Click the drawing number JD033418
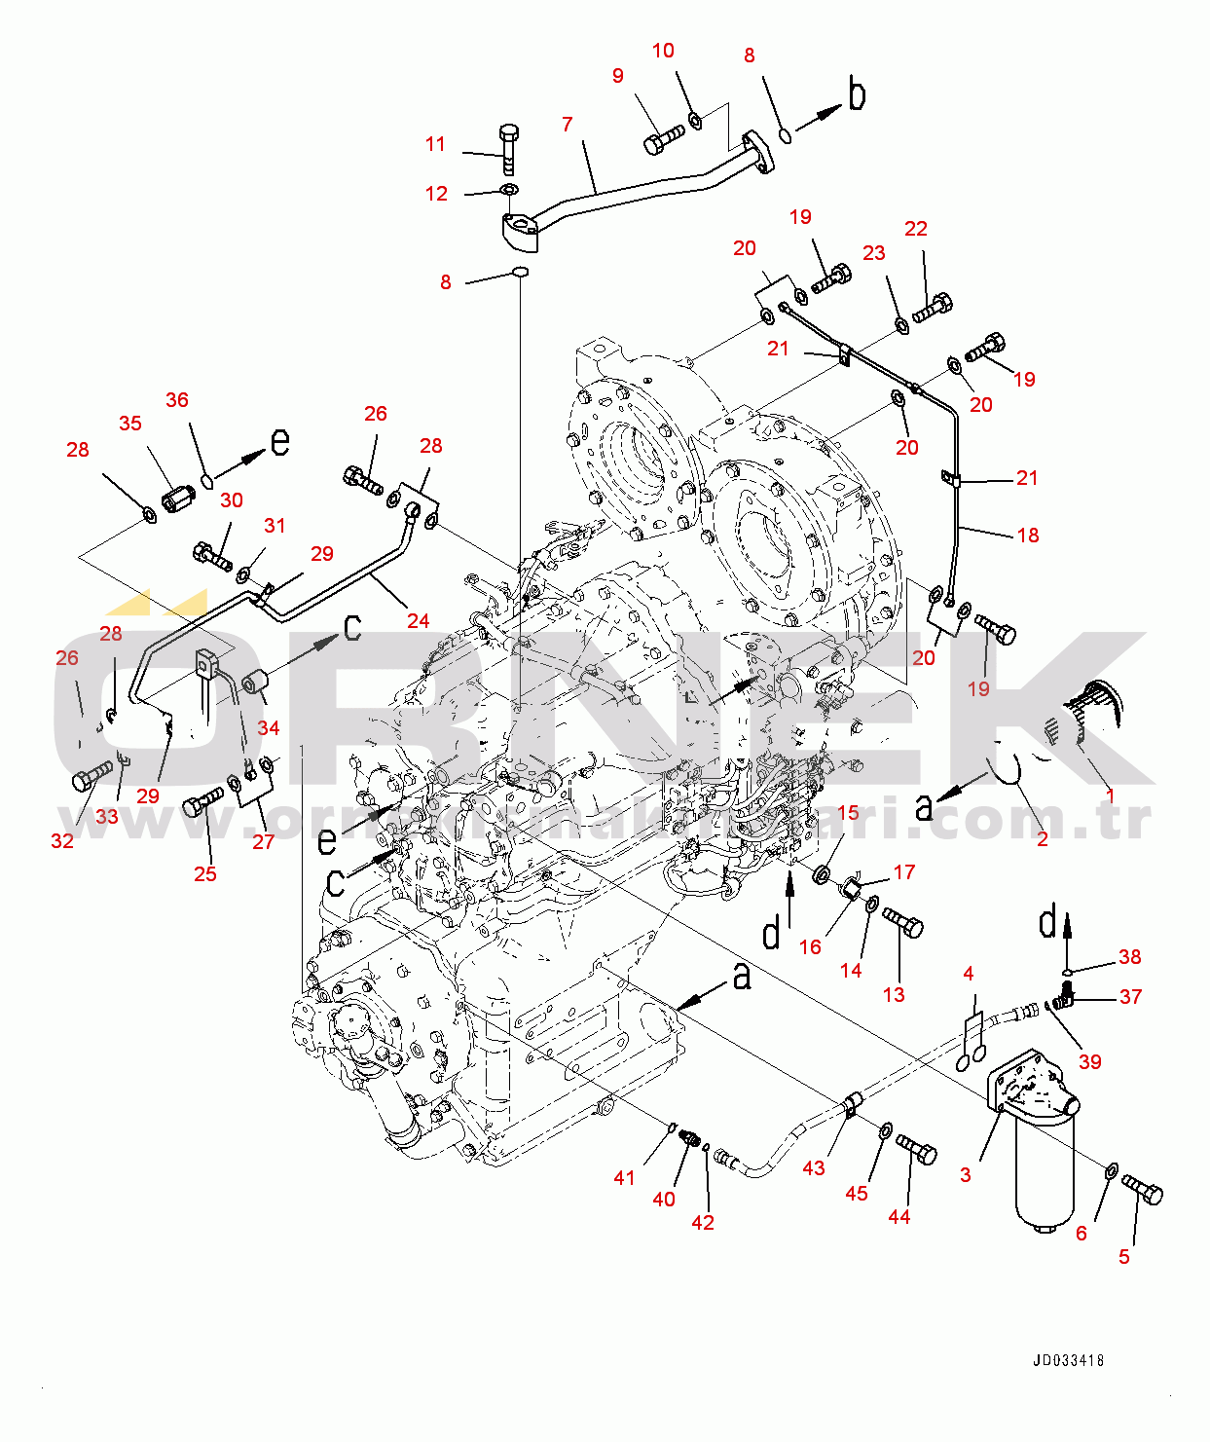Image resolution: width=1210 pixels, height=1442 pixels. coord(1068,1360)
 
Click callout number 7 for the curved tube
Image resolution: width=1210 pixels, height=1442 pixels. coord(568,125)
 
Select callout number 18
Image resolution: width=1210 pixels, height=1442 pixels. coord(1028,535)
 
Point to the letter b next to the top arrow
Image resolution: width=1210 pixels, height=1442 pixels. coord(857,94)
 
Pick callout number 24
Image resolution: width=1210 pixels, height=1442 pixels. coord(418,620)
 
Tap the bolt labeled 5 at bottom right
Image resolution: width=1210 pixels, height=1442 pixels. coord(1143,1189)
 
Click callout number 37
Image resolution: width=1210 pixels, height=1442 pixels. coord(1130,996)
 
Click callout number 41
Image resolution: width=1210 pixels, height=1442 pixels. coord(624,1177)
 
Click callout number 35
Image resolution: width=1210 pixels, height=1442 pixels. coord(130,424)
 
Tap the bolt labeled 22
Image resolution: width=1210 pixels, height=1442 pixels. coord(932,307)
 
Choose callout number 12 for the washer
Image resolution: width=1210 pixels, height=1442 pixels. coord(436,194)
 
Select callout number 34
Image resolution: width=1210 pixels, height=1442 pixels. coord(269,727)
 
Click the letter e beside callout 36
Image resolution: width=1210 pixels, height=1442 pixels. coord(280,442)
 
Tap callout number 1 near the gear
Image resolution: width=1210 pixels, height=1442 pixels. coord(1110,795)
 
